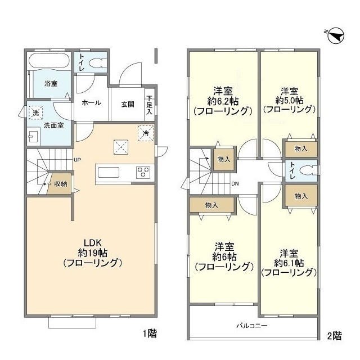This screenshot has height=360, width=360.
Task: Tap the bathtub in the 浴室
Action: (49, 61)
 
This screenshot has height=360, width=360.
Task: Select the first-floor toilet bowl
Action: (97, 60)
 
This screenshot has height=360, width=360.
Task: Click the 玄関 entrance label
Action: (127, 103)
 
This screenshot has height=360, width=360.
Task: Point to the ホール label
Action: (91, 103)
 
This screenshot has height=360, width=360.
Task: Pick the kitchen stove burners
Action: (142, 172)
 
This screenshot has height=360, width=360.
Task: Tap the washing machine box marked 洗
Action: (35, 112)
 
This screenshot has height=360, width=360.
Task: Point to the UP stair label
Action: (78, 159)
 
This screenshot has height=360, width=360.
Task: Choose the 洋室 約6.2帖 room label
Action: (223, 101)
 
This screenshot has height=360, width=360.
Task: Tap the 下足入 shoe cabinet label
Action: (150, 104)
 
